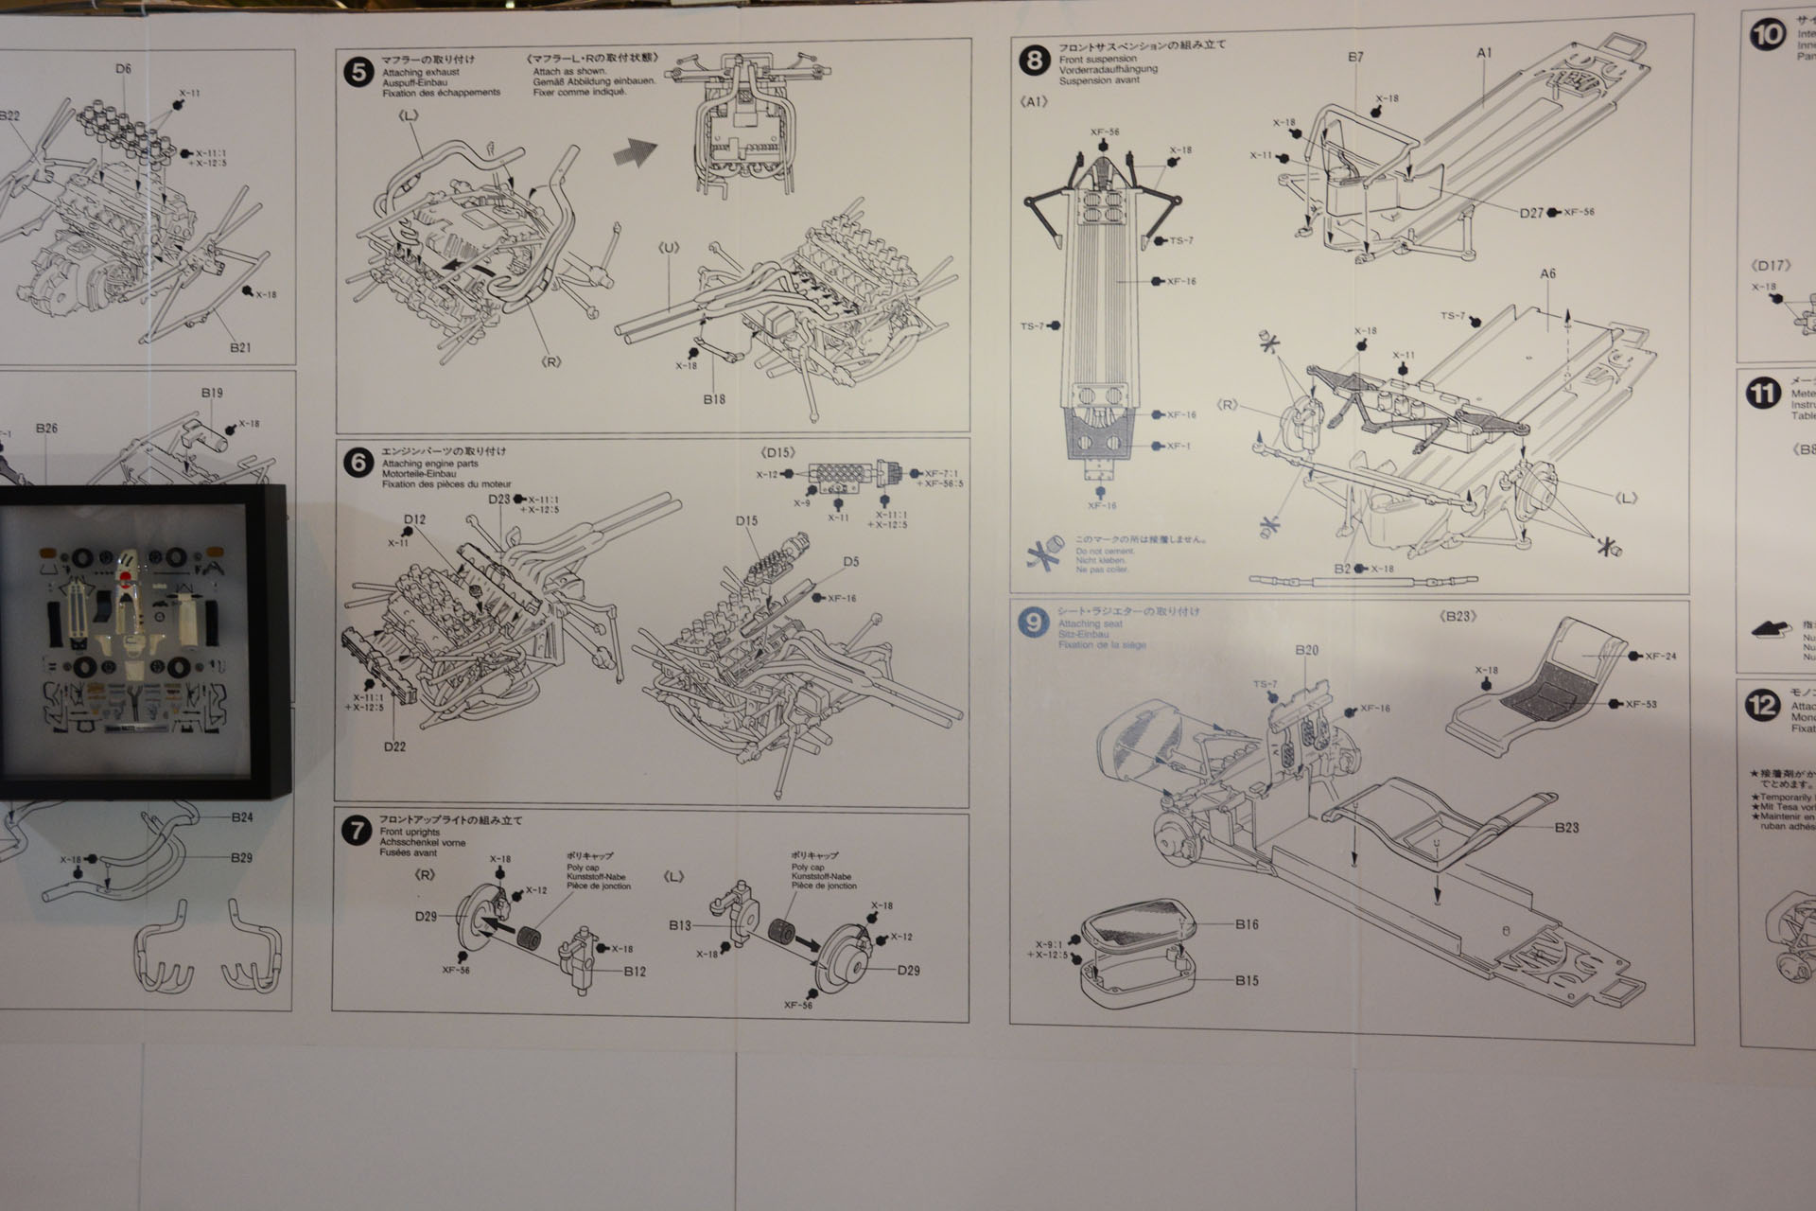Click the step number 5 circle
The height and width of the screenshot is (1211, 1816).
point(358,73)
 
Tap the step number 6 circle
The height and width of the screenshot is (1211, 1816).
point(358,464)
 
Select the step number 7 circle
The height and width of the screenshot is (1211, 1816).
point(356,832)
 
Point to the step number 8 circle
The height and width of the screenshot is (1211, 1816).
point(1035,61)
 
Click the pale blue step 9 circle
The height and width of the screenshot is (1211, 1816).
point(1033,623)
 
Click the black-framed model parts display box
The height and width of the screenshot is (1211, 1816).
point(126,643)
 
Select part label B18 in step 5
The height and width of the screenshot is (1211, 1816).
point(714,399)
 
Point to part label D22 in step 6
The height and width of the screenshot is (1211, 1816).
point(394,746)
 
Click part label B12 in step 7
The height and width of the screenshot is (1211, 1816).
point(635,971)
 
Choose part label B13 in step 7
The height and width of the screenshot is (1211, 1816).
point(679,925)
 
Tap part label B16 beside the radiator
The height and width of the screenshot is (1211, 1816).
point(1247,924)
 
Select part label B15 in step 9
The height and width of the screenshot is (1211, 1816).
point(1247,980)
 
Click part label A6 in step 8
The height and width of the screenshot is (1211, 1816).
point(1547,274)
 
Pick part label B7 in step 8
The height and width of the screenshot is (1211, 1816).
point(1355,57)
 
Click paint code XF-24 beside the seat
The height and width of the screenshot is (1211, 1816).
point(1660,656)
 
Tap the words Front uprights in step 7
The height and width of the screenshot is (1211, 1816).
point(403,832)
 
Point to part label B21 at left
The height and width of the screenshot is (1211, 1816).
point(239,347)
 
